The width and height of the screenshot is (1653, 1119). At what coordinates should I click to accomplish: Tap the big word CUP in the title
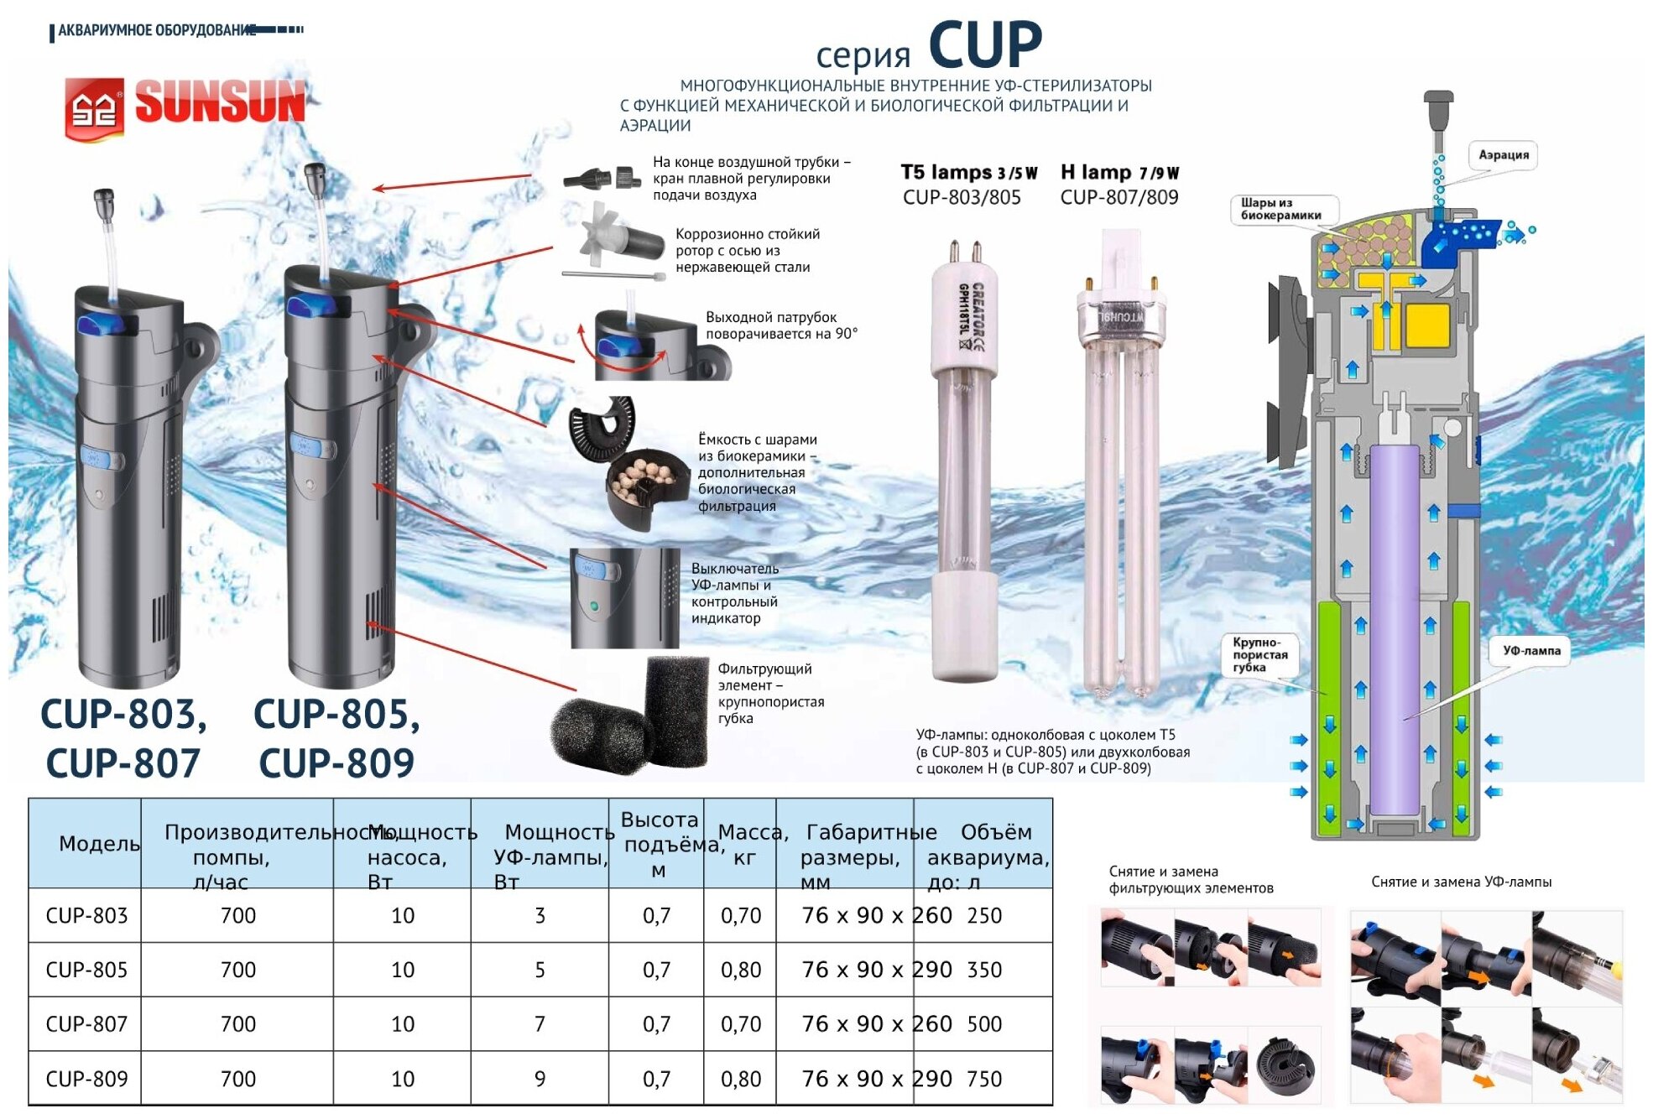985,45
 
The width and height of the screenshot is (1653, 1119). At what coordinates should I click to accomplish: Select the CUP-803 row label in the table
86,915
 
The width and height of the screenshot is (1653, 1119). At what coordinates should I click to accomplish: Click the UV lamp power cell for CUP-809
540,1079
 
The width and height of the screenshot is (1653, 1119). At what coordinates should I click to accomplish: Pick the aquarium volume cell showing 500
984,1024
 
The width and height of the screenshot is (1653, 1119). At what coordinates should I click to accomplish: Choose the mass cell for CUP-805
741,970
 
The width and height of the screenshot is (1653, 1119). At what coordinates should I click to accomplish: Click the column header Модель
99,844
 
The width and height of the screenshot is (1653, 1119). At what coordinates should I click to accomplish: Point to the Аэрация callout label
1503,155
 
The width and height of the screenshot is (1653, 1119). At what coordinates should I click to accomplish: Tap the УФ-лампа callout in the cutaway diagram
1531,651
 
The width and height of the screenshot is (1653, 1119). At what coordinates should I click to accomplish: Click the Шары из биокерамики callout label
1281,209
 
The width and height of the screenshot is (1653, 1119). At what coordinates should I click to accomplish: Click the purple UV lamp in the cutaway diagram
1395,629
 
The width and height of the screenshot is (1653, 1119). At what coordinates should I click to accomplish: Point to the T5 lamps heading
968,173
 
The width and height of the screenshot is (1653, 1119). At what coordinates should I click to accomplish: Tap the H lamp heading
1119,173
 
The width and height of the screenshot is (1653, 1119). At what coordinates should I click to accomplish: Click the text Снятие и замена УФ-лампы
1461,882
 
